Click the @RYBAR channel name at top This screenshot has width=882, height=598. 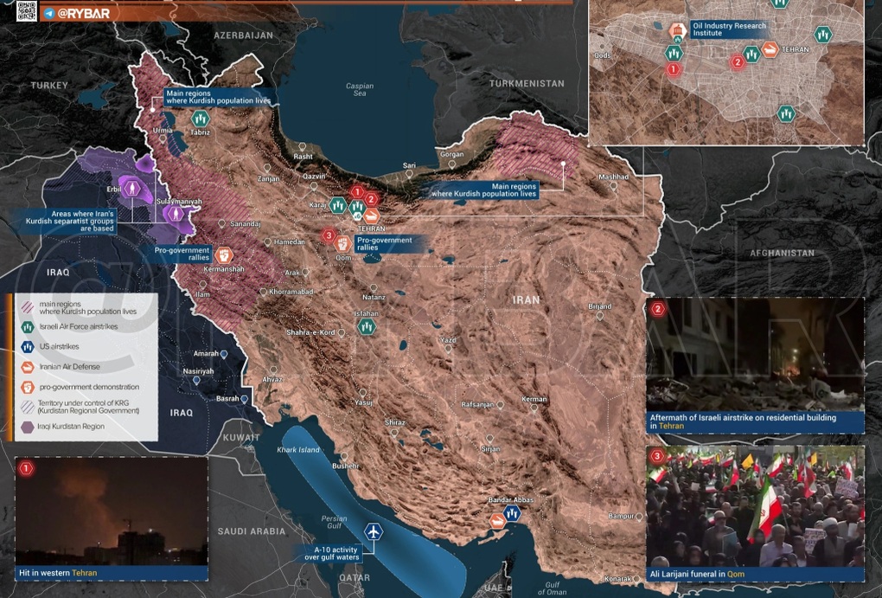(x=85, y=13)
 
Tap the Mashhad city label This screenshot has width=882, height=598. (x=613, y=177)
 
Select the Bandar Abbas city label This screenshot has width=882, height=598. (x=509, y=500)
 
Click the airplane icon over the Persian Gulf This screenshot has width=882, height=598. (x=373, y=531)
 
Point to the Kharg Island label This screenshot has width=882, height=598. (x=297, y=450)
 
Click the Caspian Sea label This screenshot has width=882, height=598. (x=360, y=90)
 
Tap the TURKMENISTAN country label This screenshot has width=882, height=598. (x=526, y=84)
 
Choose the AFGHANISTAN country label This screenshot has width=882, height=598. (x=782, y=254)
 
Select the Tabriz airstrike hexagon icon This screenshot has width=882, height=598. (x=201, y=118)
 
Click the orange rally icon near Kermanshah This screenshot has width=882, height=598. (x=223, y=254)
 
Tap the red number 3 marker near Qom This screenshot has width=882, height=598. (x=328, y=235)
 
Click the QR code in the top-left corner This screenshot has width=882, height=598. (x=26, y=11)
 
